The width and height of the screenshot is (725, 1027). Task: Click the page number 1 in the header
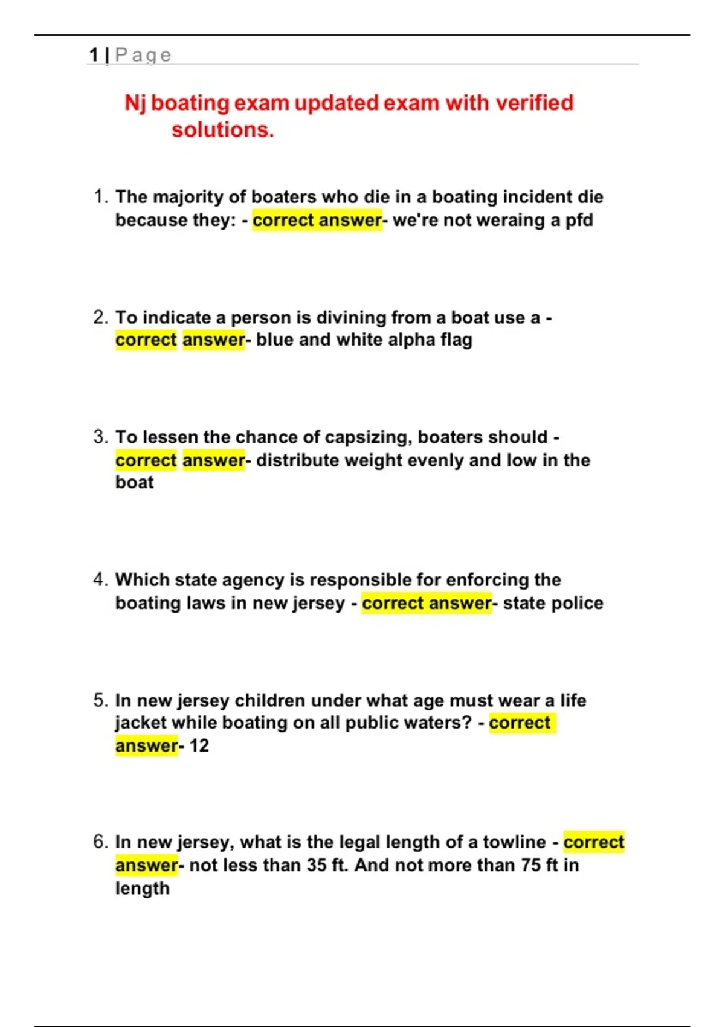(94, 55)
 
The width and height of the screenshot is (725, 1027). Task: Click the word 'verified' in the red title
(534, 103)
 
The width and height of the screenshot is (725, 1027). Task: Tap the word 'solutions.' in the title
(222, 130)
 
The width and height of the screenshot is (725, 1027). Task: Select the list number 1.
(100, 197)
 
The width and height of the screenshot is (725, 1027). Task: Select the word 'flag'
(456, 340)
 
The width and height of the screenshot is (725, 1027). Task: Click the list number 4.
(100, 580)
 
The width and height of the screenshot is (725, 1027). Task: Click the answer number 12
(199, 745)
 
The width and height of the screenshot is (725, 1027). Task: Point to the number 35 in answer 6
(317, 865)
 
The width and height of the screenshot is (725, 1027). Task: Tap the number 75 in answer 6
(531, 865)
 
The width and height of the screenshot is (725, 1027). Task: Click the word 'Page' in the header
(143, 55)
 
